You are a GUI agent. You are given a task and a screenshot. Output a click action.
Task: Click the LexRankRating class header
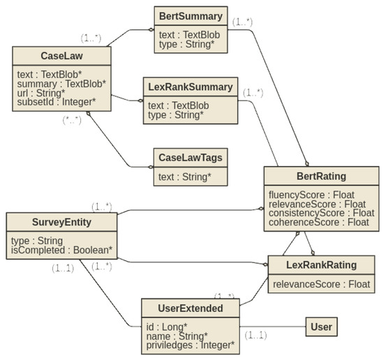321,265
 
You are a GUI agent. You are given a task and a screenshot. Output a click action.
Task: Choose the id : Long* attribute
168,325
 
